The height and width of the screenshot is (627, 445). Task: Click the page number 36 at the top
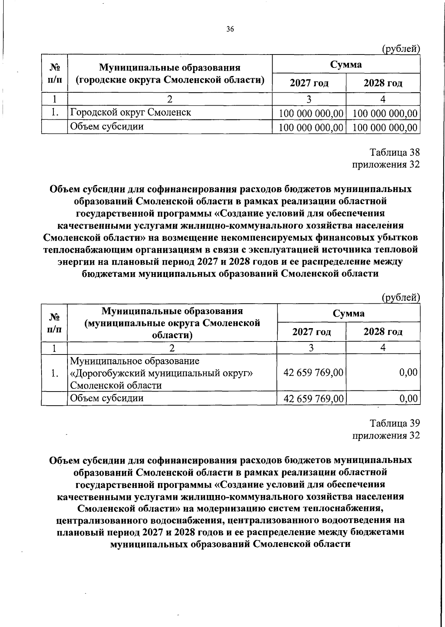point(230,30)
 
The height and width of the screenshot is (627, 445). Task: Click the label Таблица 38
point(395,152)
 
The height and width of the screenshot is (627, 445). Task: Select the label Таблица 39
point(395,423)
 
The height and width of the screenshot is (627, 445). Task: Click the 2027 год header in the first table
point(309,83)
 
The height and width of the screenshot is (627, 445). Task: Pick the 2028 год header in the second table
point(383,331)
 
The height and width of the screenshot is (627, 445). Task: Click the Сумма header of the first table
point(346,64)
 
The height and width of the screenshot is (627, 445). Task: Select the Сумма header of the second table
point(348,313)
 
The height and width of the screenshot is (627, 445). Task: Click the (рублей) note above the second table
point(400,297)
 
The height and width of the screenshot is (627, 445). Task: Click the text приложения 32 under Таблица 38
point(386,164)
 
